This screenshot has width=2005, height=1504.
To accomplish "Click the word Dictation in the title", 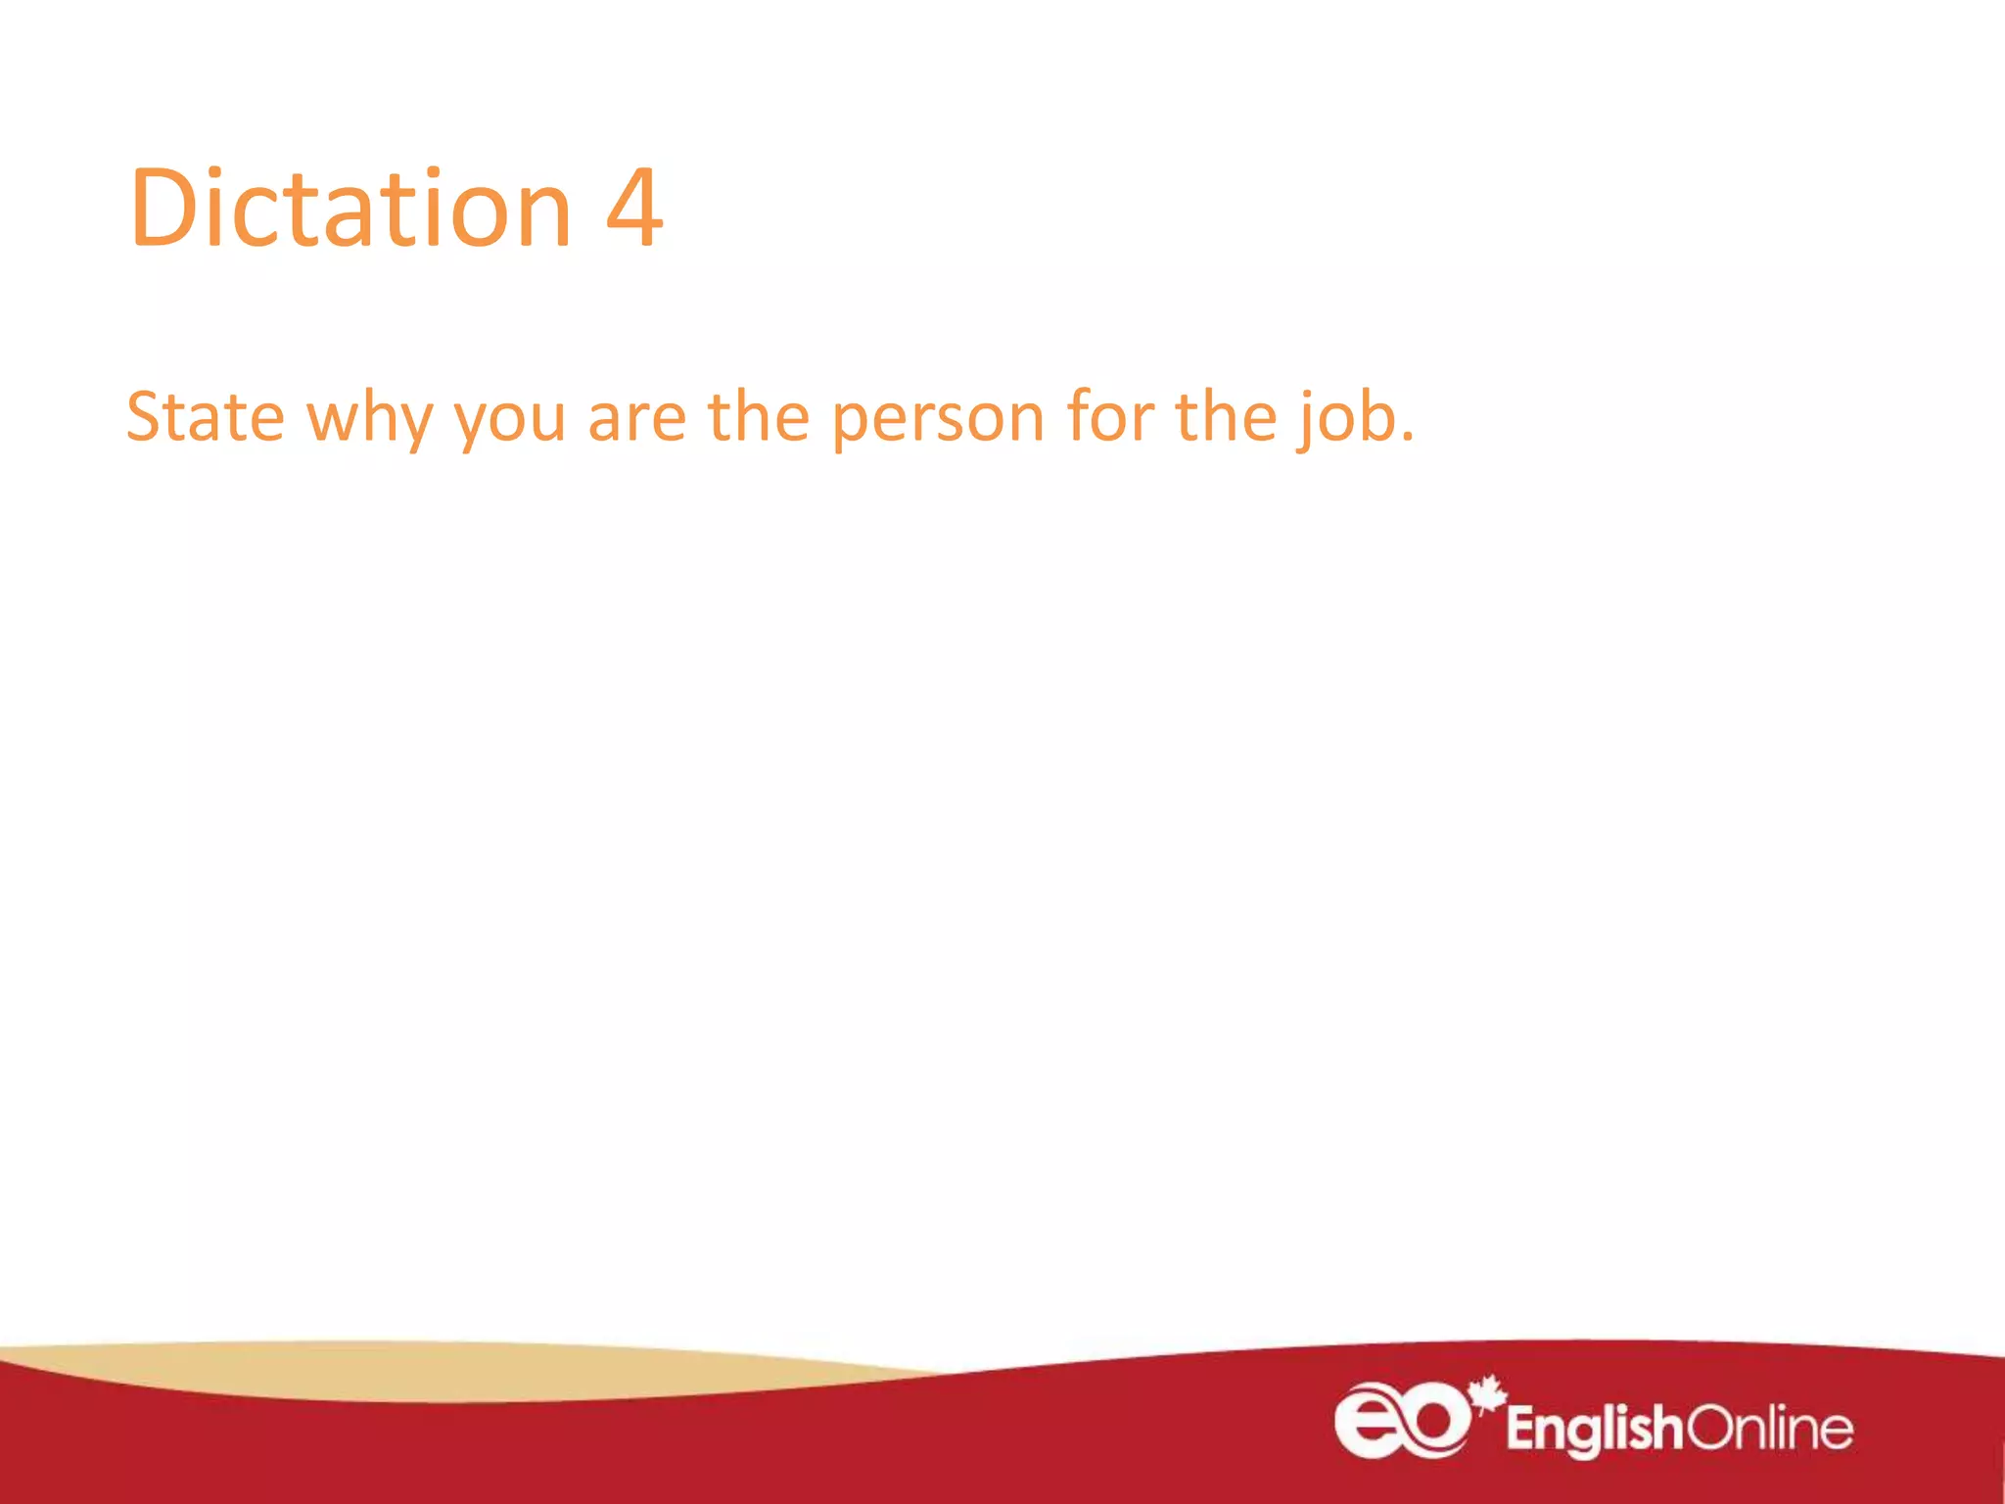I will tap(350, 208).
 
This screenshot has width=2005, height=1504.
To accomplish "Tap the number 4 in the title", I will tap(634, 208).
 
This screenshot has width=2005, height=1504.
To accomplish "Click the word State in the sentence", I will tap(206, 417).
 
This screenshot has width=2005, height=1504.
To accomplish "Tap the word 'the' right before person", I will tap(759, 417).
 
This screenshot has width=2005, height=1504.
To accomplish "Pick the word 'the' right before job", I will tap(1226, 417).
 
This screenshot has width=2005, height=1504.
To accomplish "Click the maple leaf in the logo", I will tap(1487, 1393).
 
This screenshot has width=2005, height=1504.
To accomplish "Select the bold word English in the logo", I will tap(1594, 1429).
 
